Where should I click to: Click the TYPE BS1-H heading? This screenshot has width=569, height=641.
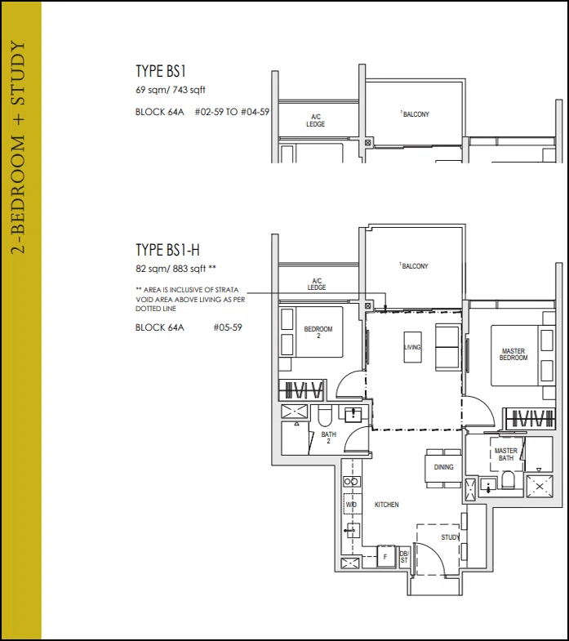[167, 250]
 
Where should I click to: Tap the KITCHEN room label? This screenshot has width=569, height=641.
[386, 505]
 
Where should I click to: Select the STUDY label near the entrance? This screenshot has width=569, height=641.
[450, 537]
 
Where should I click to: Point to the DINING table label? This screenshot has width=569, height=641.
[443, 467]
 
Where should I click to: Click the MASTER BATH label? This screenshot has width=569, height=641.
[506, 454]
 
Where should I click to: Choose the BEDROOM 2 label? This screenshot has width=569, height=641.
[318, 332]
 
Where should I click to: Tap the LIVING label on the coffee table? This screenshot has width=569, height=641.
[412, 347]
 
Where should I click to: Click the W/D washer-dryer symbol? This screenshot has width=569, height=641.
[351, 504]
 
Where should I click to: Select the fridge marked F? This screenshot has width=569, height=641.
[385, 556]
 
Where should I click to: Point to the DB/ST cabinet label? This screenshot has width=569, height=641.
[404, 557]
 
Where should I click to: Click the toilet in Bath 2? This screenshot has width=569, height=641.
[326, 416]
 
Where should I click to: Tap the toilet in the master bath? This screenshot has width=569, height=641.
[508, 480]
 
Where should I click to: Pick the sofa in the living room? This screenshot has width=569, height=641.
[447, 347]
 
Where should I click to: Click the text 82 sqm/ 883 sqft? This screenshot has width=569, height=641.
[176, 269]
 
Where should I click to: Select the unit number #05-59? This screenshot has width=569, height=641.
[228, 327]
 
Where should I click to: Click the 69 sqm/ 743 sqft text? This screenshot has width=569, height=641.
[171, 90]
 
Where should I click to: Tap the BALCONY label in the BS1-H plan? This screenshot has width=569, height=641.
[414, 266]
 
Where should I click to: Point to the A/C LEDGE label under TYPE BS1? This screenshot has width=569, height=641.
[316, 121]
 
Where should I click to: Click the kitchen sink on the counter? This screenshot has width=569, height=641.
[351, 530]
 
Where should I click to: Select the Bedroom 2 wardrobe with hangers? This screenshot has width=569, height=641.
[302, 389]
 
